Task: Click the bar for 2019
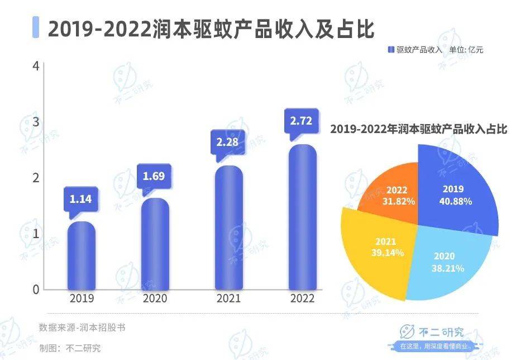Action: click(x=82, y=256)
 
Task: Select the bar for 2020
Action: click(x=155, y=244)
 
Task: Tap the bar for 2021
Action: click(x=229, y=228)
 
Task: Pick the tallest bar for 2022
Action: click(x=302, y=217)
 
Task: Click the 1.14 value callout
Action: click(x=82, y=199)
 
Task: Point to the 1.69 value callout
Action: click(x=155, y=177)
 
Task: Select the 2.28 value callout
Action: click(x=228, y=142)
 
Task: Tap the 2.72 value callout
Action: click(x=302, y=120)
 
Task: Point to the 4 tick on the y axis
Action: click(x=36, y=66)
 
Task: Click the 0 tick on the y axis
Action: click(x=36, y=290)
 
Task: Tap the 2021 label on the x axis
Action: click(x=229, y=299)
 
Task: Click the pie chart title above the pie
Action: click(x=418, y=130)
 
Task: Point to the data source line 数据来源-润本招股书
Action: click(x=82, y=328)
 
